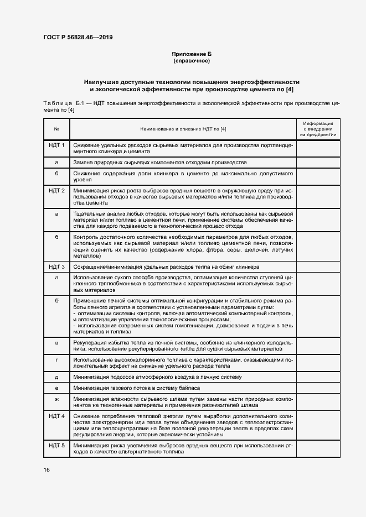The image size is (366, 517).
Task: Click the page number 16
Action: [47, 469]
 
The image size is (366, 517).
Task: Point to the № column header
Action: [56, 129]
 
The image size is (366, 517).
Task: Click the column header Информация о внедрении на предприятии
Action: [318, 129]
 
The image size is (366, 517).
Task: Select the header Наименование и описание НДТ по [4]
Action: [183, 129]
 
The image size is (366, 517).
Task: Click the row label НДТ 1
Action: [56, 145]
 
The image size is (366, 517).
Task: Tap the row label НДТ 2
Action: [56, 191]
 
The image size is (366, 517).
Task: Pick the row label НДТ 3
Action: [56, 267]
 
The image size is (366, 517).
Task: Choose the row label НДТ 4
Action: [56, 415]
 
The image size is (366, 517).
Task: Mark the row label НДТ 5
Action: [56, 445]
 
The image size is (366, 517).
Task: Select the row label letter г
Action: [56, 359]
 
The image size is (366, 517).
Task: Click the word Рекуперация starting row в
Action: [90, 343]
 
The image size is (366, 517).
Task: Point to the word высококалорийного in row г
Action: [131, 360]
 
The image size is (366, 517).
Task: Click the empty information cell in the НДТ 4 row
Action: [318, 425]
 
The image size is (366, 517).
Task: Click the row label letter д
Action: [56, 377]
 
